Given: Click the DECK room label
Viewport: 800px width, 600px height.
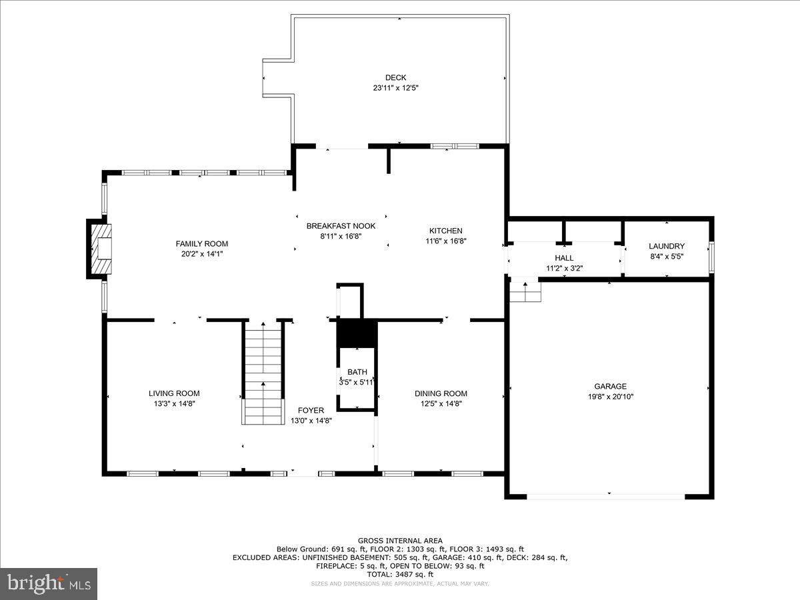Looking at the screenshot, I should coord(395,77).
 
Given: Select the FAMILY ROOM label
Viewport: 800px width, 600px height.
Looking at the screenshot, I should coord(202,244).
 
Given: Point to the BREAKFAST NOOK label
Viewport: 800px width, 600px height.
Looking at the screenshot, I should coord(341,226).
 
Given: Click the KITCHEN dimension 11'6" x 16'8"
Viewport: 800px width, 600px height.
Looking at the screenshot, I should coord(445,241).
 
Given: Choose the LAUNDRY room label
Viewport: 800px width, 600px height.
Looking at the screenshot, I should coord(667,246).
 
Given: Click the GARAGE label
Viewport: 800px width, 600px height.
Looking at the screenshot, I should coord(610,386).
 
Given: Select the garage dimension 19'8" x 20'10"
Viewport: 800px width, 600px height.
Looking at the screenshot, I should coord(610,397).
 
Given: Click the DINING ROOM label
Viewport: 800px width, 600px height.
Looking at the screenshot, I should coord(441,393).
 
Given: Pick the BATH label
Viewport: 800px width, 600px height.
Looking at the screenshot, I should coord(357,372).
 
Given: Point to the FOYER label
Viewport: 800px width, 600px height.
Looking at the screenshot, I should coord(311,410).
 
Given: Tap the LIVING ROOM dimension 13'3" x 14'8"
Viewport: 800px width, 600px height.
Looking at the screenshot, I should coord(174,403).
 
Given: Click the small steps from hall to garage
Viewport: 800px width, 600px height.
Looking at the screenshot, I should coord(525,291).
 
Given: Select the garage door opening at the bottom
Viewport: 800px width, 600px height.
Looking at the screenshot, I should coord(605,496).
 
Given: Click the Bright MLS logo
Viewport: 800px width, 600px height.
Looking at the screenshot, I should coord(49,583).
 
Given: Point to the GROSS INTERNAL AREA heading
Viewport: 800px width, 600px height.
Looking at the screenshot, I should coord(400,541).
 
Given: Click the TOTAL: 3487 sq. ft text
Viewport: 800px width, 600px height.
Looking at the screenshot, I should coord(400,574).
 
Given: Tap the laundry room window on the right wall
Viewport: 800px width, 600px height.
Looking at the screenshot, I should coord(711,257).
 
